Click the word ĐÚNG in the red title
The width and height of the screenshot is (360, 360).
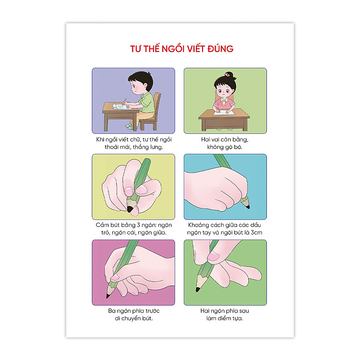click(x=220, y=48)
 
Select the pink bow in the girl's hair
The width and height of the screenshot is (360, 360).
click(x=228, y=74)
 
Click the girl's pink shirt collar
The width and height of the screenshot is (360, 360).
click(x=224, y=100)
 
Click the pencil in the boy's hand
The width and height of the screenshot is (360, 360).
click(x=124, y=102)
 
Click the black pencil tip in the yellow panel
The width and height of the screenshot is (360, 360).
click(x=130, y=209)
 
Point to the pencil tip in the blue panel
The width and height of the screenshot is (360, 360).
click(x=248, y=207)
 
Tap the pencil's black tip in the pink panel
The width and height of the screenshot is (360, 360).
click(x=108, y=296)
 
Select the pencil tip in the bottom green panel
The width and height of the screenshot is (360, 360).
click(x=197, y=289)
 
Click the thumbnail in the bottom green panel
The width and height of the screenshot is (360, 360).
click(x=214, y=256)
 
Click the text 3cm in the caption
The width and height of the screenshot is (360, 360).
click(x=256, y=232)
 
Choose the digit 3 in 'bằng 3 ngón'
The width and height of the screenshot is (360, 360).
click(x=138, y=225)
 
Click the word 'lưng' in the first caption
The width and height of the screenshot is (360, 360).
click(x=156, y=147)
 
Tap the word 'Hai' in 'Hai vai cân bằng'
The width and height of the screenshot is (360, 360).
click(x=205, y=139)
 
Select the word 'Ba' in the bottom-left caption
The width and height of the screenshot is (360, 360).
click(x=112, y=311)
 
